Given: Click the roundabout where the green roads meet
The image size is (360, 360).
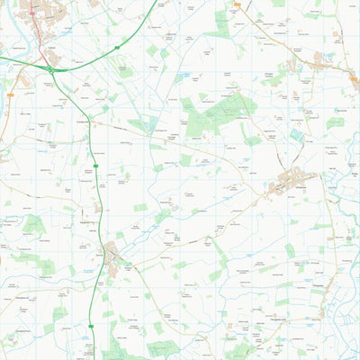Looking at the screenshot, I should [x=51, y=68].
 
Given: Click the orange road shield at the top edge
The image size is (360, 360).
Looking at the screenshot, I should [x=237, y=4].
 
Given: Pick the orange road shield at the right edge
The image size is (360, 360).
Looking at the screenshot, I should [x=353, y=78].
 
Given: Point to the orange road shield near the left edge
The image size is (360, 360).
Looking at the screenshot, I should [x=9, y=94].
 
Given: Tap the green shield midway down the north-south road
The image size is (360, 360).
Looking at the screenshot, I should [x=94, y=165].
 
